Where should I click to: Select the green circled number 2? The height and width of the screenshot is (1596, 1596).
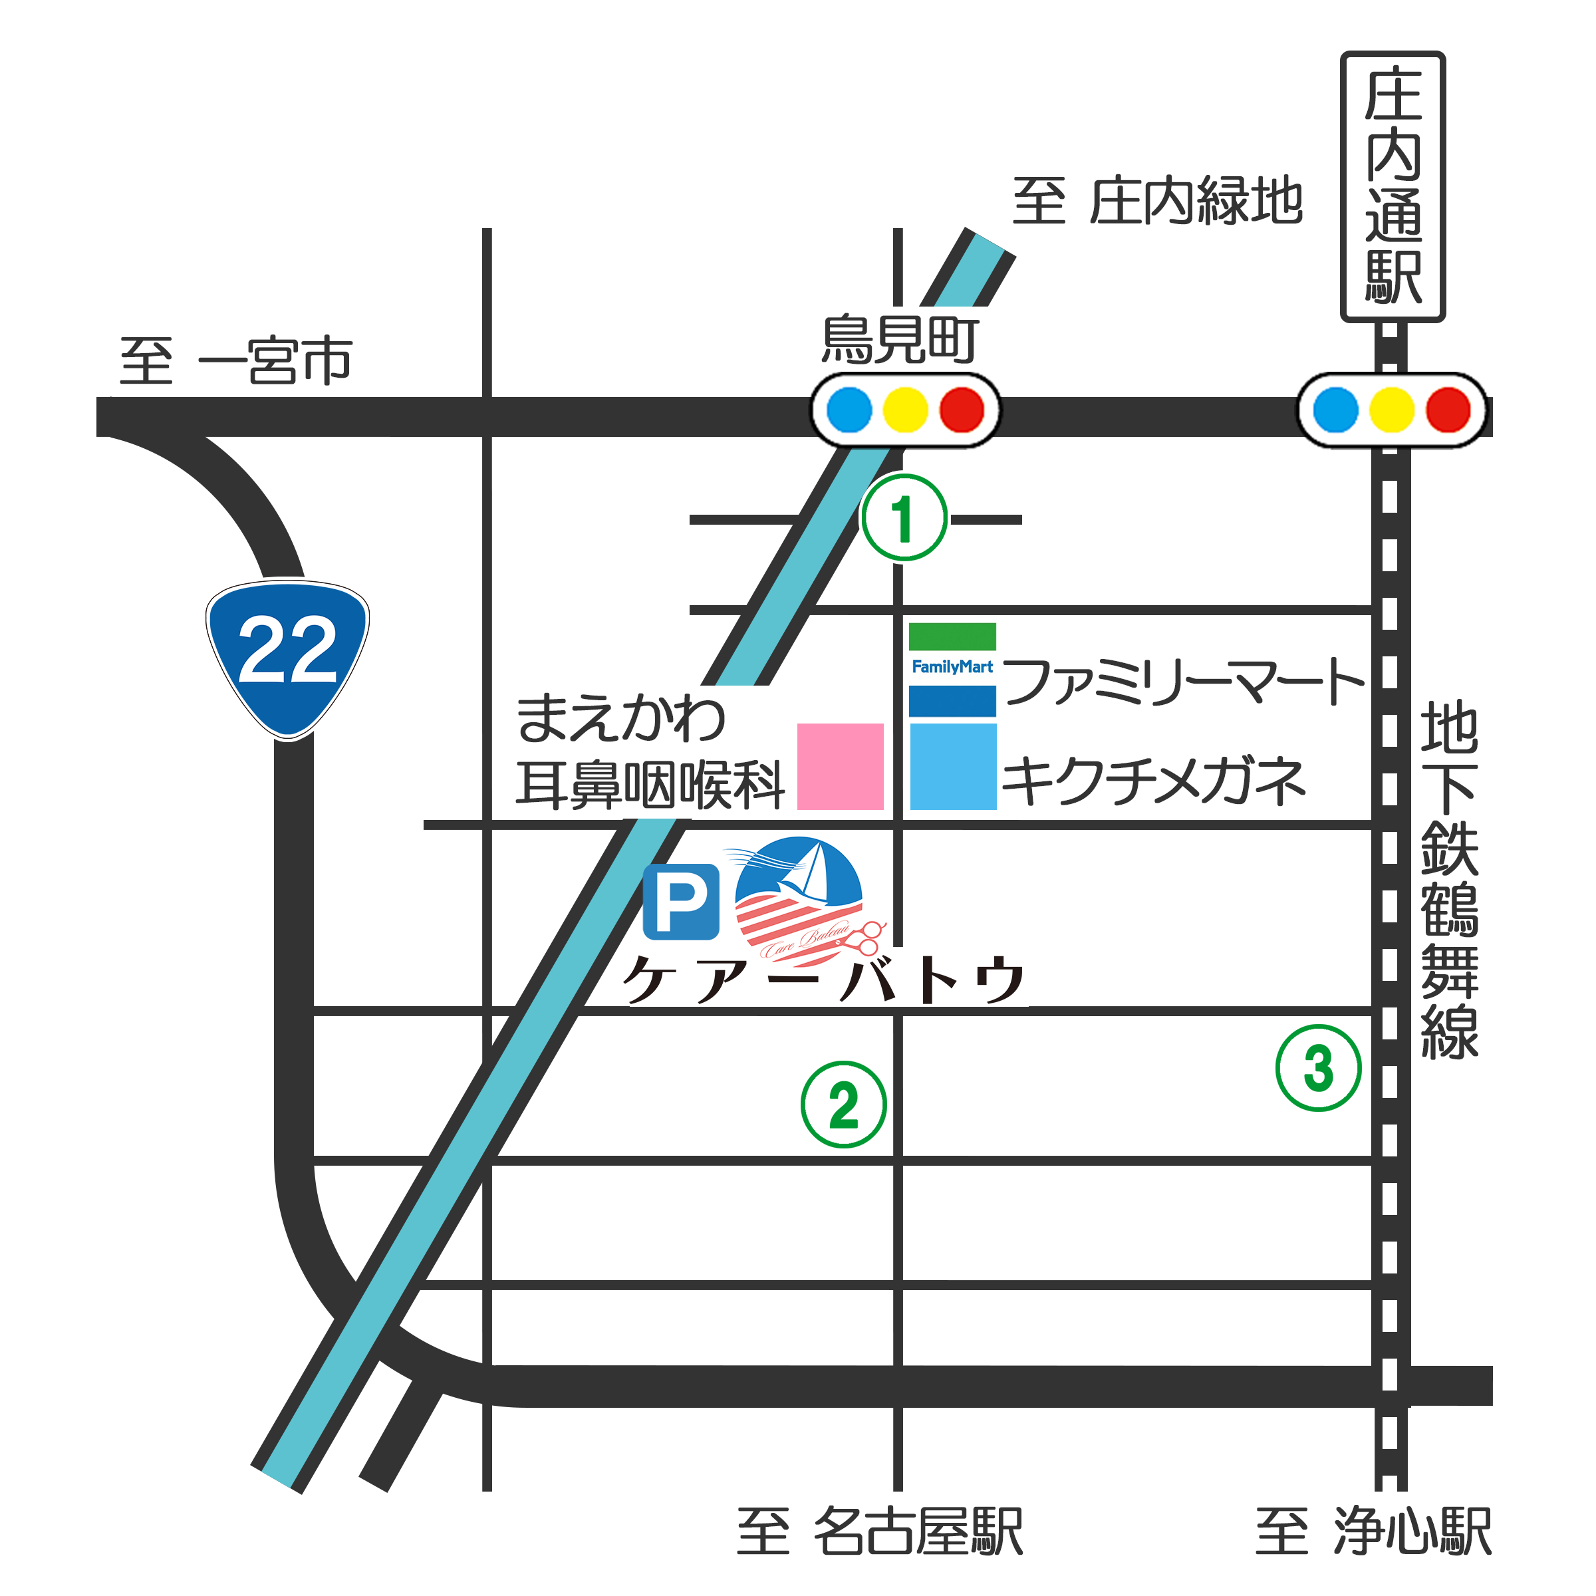pyautogui.click(x=843, y=1105)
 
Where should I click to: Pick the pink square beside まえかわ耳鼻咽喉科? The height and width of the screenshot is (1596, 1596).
pyautogui.click(x=839, y=766)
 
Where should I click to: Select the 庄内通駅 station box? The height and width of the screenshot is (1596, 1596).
pyautogui.click(x=1392, y=187)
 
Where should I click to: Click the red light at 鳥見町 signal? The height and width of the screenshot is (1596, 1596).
pyautogui.click(x=962, y=410)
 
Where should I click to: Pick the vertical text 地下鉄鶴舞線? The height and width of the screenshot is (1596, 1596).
pyautogui.click(x=1449, y=880)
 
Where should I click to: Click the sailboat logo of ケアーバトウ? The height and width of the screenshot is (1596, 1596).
pyautogui.click(x=799, y=900)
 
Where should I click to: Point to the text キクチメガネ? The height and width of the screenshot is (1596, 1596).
pyautogui.click(x=1153, y=781)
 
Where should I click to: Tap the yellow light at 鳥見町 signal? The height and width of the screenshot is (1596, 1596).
pyautogui.click(x=905, y=410)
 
